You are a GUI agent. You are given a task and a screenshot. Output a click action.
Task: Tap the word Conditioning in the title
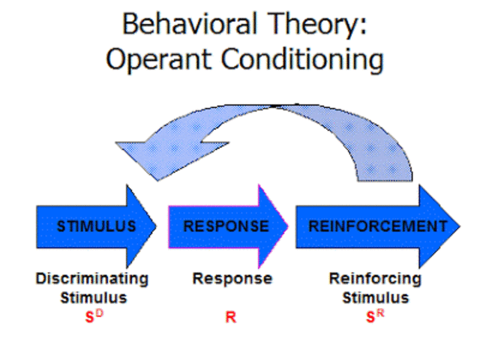300,59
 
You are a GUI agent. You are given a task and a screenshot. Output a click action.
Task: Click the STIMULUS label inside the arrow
96,226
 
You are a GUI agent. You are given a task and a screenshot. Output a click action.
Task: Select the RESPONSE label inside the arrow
226,226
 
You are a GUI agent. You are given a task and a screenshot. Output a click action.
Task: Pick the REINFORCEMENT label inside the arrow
373,226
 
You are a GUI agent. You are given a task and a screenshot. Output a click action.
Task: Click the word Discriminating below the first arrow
92,278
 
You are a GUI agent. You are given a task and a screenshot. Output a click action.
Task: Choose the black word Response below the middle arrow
232,278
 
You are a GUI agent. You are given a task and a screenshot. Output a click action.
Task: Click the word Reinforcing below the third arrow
376,278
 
